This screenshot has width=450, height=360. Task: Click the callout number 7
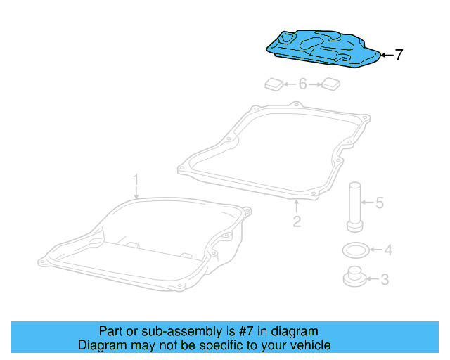click(399, 55)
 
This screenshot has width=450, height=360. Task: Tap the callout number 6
click(302, 84)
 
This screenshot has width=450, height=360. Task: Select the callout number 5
click(379, 203)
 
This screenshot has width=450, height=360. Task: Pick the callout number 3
click(384, 279)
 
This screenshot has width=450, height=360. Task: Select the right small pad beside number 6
click(330, 85)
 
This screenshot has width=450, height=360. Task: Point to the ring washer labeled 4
click(354, 249)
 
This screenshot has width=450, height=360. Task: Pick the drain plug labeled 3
click(355, 278)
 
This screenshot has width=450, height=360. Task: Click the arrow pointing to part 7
click(385, 54)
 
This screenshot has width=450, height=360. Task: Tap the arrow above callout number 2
click(297, 206)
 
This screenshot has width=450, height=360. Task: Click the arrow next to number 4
click(373, 249)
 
